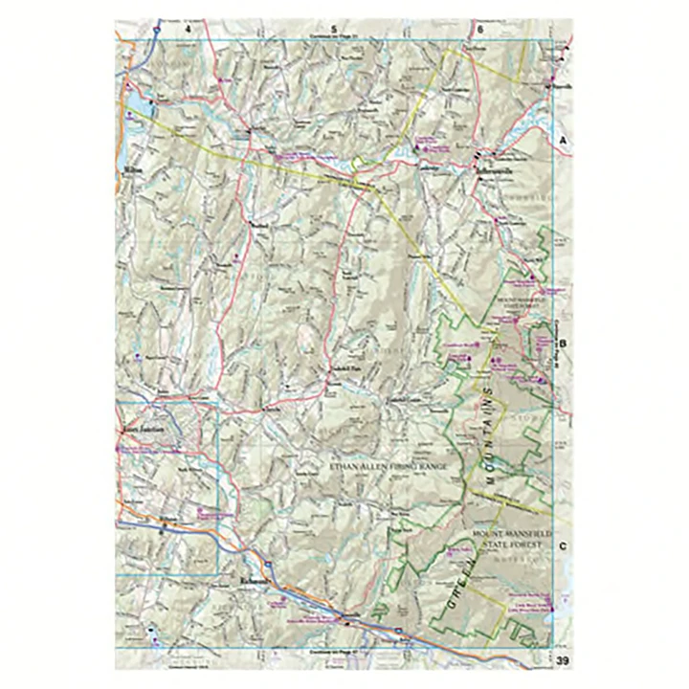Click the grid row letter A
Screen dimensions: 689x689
click(x=564, y=140)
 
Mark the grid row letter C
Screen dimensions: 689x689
click(x=564, y=546)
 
